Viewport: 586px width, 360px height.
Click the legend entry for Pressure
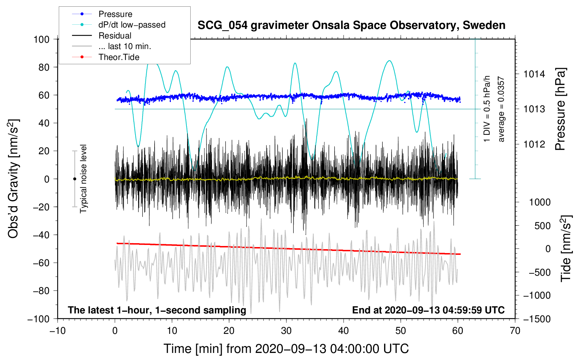pyautogui.click(x=115, y=14)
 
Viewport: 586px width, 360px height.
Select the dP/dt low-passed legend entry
pyautogui.click(x=132, y=25)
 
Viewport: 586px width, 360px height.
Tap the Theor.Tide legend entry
pyautogui.click(x=119, y=57)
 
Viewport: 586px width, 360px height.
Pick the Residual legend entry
pyautogui.click(x=115, y=36)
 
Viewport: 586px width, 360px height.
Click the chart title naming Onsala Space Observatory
pyautogui.click(x=351, y=25)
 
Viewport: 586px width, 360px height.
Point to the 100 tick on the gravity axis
pyautogui.click(x=41, y=39)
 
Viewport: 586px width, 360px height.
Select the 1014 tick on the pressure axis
pyautogui.click(x=534, y=74)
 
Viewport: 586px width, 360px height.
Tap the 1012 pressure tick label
pyautogui.click(x=534, y=144)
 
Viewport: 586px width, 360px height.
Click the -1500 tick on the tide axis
pyautogui.click(x=537, y=319)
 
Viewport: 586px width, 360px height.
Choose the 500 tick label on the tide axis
pyautogui.click(x=542, y=226)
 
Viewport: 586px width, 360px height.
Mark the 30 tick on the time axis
pyautogui.click(x=286, y=331)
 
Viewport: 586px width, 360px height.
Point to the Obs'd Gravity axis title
pyautogui.click(x=13, y=179)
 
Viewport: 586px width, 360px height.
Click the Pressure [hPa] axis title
pyautogui.click(x=561, y=109)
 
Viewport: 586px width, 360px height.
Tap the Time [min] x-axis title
pyautogui.click(x=286, y=349)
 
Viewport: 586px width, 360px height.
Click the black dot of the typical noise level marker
pyautogui.click(x=74, y=179)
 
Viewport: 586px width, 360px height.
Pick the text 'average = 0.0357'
pyautogui.click(x=501, y=109)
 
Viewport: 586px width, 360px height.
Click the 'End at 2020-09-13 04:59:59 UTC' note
pyautogui.click(x=428, y=310)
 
